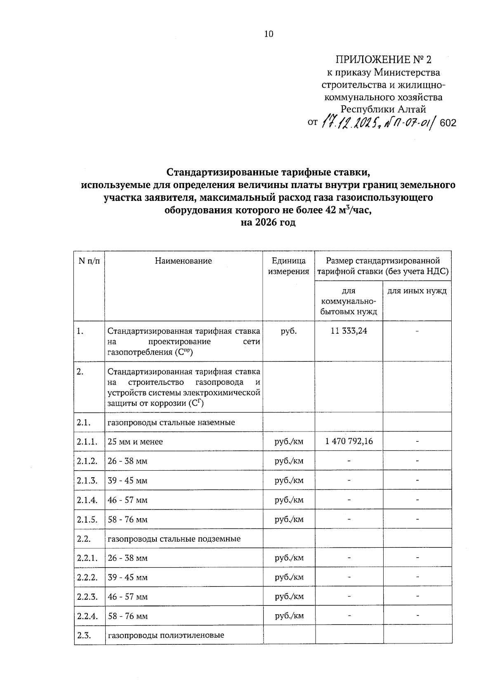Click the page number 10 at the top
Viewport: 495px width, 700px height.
pyautogui.click(x=269, y=34)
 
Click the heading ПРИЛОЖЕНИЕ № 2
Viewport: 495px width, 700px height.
pyautogui.click(x=383, y=60)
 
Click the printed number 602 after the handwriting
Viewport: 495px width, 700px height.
pyautogui.click(x=448, y=123)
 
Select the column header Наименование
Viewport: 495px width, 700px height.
pyautogui.click(x=184, y=261)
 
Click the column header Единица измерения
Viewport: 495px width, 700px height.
pyautogui.click(x=289, y=266)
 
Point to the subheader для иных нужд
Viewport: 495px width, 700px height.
pyautogui.click(x=417, y=291)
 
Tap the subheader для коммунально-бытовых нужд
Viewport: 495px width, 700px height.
pyautogui.click(x=349, y=302)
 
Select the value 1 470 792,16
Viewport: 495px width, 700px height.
pyautogui.click(x=349, y=441)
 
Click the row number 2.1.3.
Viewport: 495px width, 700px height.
pyautogui.click(x=87, y=481)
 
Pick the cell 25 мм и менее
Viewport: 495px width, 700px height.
pyautogui.click(x=135, y=442)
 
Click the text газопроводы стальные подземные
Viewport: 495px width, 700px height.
pyautogui.click(x=174, y=539)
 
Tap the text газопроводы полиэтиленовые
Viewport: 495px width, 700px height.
pyautogui.click(x=166, y=635)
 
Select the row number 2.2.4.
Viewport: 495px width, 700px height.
pyautogui.click(x=87, y=616)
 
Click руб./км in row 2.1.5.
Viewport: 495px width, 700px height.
pyautogui.click(x=289, y=519)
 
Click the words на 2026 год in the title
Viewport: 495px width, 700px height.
pyautogui.click(x=269, y=223)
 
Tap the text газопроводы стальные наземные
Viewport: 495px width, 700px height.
pyautogui.click(x=171, y=422)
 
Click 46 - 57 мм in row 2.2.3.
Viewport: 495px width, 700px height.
pyautogui.click(x=127, y=597)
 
